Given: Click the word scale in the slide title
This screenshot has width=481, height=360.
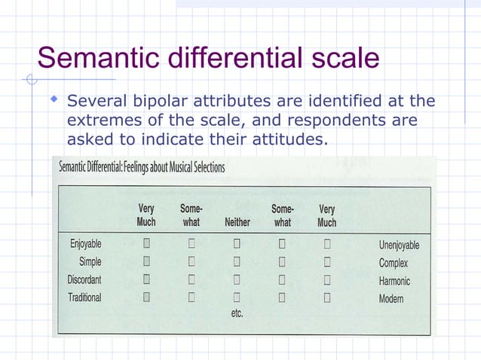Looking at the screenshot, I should point(340,58).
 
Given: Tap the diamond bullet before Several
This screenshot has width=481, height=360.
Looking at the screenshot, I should point(54,99).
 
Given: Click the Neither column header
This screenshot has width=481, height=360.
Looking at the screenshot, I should point(237,223).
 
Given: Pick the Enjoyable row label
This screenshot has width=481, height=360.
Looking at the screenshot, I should point(85,244).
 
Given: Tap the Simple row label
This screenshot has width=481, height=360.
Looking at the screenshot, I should point(90,262).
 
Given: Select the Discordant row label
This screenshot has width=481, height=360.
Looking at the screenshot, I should point(84,279).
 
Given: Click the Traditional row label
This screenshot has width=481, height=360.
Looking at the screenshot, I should point(84,297).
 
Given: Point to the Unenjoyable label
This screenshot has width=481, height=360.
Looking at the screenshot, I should point(399,245).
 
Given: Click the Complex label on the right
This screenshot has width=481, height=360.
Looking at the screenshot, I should point(393,263).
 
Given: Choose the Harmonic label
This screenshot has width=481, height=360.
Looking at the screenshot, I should point(394,281).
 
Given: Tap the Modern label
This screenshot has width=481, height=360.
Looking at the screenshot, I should point(391,299).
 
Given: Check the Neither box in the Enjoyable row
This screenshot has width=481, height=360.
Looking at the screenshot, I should point(237,244).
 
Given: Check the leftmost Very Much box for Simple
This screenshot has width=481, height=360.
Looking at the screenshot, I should point(146,262).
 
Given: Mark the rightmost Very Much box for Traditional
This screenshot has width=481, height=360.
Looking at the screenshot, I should point(327,297).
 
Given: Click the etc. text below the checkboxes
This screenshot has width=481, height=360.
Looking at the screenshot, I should point(237,313).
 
